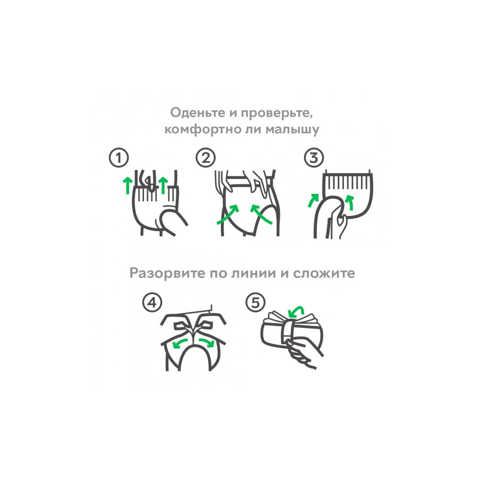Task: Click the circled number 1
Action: click(118, 158)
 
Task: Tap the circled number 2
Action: click(206, 158)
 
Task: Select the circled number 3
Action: click(313, 158)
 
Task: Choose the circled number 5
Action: click(255, 303)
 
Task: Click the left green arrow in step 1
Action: click(126, 185)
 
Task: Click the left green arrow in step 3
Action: click(313, 200)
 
